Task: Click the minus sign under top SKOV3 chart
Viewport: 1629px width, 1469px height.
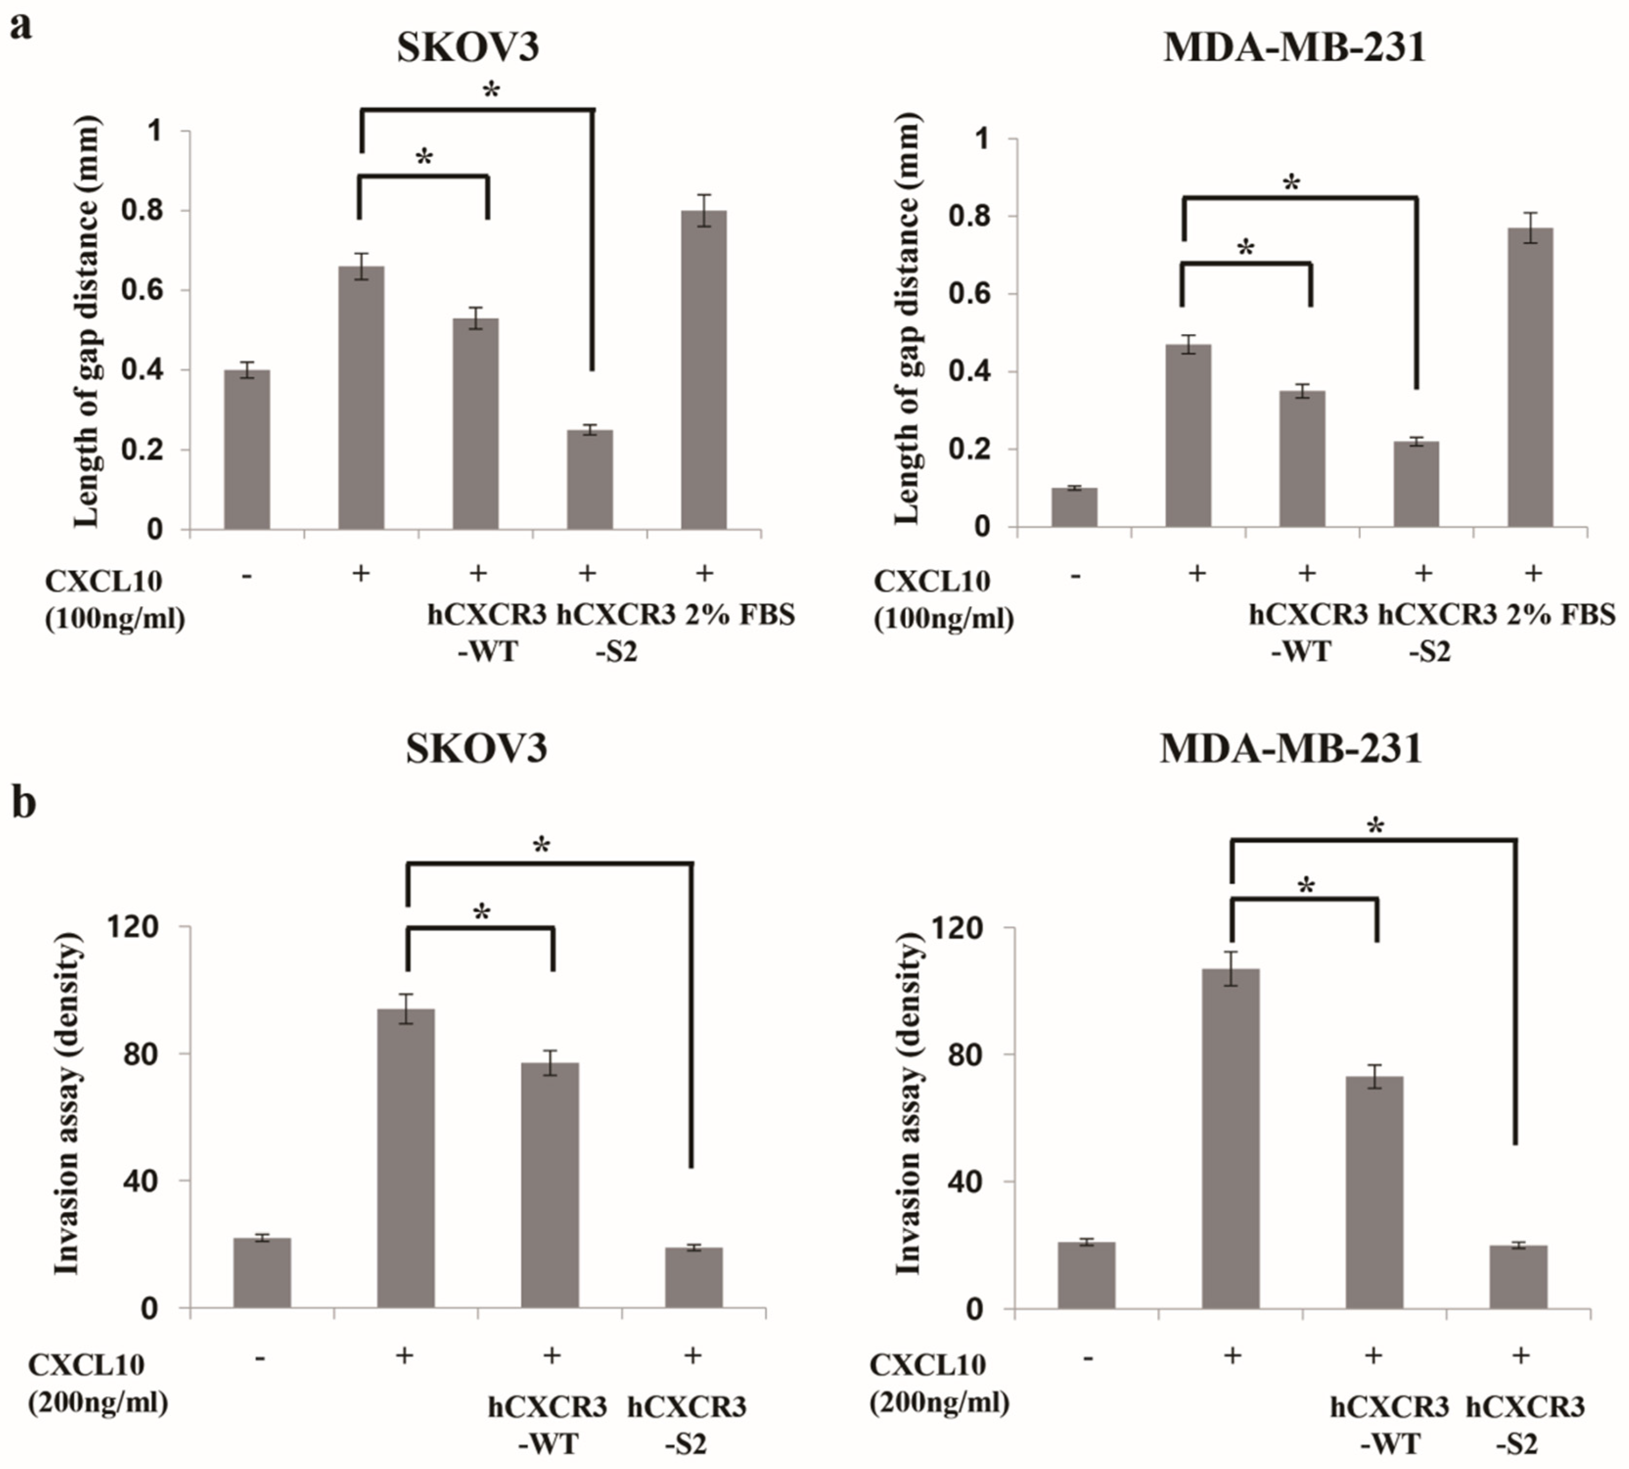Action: (x=247, y=575)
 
